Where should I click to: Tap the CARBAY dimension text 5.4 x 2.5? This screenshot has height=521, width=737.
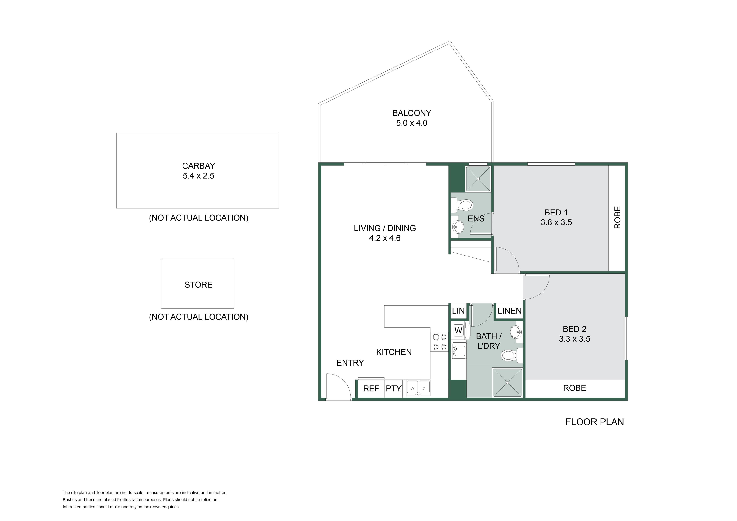198,176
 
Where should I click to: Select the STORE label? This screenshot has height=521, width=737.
198,285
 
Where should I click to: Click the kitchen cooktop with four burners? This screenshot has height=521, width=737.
440,342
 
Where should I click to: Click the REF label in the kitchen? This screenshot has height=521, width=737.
371,389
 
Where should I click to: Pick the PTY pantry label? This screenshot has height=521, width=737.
393,389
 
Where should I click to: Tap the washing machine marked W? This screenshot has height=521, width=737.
458,330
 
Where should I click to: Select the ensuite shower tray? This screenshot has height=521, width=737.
478,179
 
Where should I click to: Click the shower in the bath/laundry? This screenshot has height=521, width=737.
507,382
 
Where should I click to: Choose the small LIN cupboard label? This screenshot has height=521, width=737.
458,311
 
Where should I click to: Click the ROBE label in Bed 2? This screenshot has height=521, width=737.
575,388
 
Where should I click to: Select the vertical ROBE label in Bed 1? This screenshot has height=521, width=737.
617,217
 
